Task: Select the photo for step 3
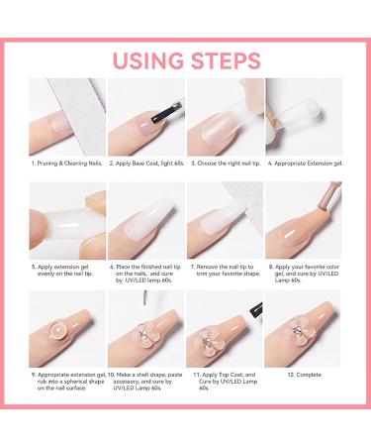point(225,116)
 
